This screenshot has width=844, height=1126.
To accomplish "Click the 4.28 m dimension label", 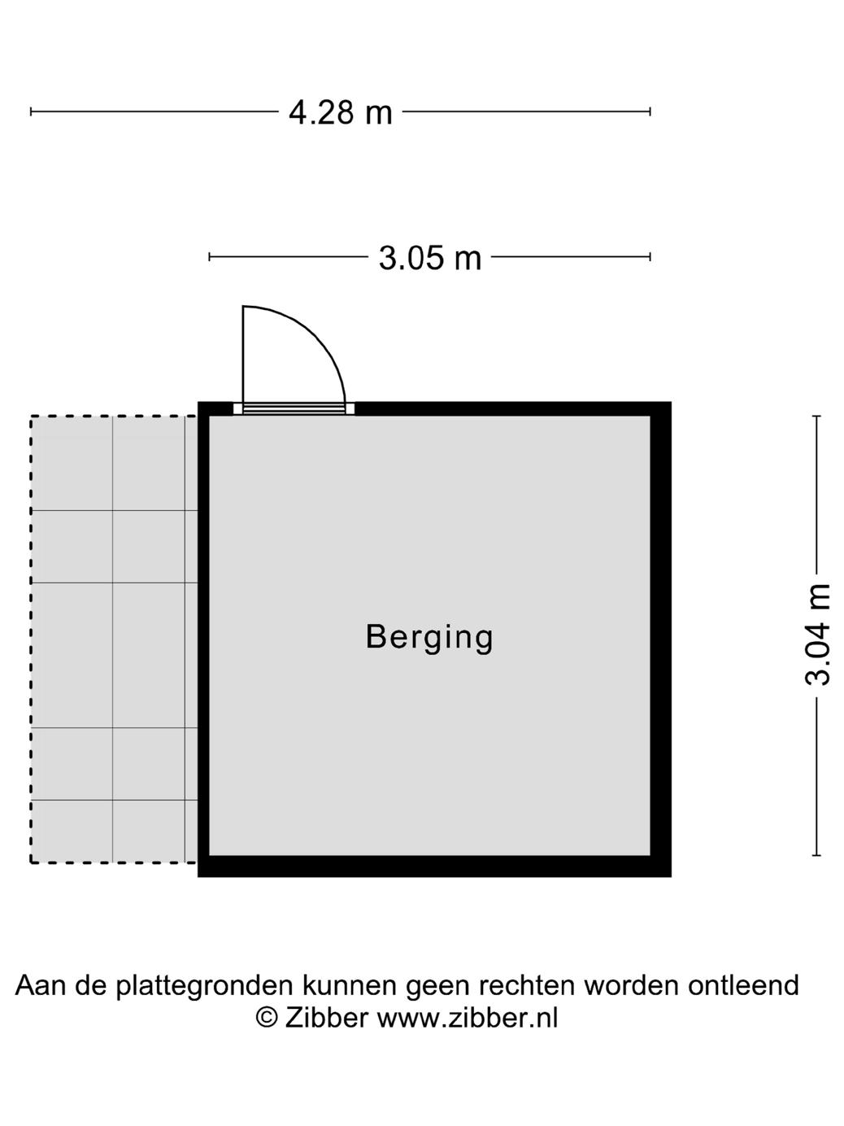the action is click(x=340, y=112).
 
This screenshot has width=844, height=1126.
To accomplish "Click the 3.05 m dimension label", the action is click(x=430, y=258).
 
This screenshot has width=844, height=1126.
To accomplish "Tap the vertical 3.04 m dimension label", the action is click(x=818, y=635).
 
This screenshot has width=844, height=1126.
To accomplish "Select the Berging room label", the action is click(x=429, y=637).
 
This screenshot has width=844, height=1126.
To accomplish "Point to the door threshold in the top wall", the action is click(x=294, y=408).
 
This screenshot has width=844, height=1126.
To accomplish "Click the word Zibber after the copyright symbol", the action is click(x=326, y=1018).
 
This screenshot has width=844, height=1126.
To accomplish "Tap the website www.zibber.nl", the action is click(x=467, y=1018).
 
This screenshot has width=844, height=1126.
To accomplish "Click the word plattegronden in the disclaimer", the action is click(x=204, y=985).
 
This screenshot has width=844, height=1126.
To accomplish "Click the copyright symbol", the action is click(x=266, y=1018).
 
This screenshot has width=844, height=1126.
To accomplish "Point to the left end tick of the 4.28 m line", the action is click(x=31, y=111).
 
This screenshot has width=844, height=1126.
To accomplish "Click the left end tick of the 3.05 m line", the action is click(x=210, y=257).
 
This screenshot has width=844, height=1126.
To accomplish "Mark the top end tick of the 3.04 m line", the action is click(x=817, y=417).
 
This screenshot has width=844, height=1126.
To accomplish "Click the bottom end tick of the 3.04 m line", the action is click(x=817, y=855).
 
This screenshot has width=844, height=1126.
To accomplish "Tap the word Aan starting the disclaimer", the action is click(x=41, y=985).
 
